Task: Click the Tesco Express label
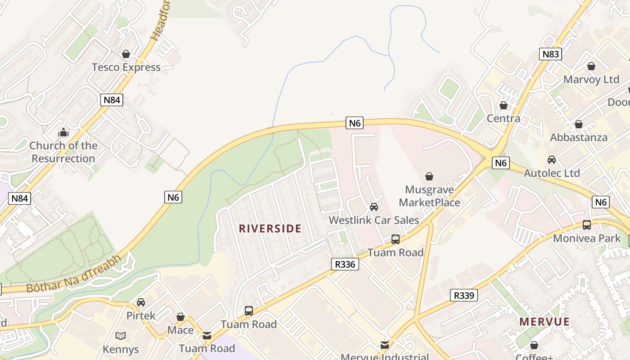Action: coord(126,67)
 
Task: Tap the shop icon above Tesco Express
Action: coord(126,54)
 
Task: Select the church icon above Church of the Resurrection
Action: coord(63,132)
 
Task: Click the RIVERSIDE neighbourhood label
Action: coord(270,229)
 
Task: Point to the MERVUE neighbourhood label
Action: coord(544,322)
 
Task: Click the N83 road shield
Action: coord(550,54)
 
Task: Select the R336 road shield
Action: coord(345,264)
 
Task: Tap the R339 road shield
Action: coord(464,295)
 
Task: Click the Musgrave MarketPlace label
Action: coord(429,196)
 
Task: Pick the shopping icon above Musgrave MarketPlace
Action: coord(429,176)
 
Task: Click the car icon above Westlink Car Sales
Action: coord(373,207)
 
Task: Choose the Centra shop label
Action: coord(504,119)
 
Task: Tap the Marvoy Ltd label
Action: coord(591,80)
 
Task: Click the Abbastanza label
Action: coord(579,137)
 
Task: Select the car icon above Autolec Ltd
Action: coord(552,160)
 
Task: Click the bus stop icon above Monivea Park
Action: coord(587,225)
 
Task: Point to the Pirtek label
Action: coord(141,315)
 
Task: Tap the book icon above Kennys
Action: coord(120,336)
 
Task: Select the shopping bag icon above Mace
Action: coord(180,317)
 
